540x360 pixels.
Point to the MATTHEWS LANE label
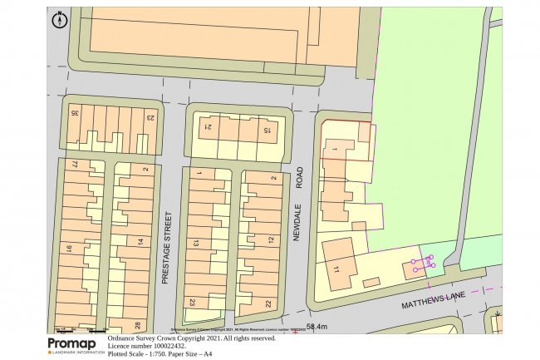432,302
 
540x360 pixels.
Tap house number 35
75,112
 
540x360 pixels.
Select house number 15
268,131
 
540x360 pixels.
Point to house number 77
74,165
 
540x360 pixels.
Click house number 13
196,243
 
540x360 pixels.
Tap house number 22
268,303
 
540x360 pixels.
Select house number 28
137,324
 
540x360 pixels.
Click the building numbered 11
336,270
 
